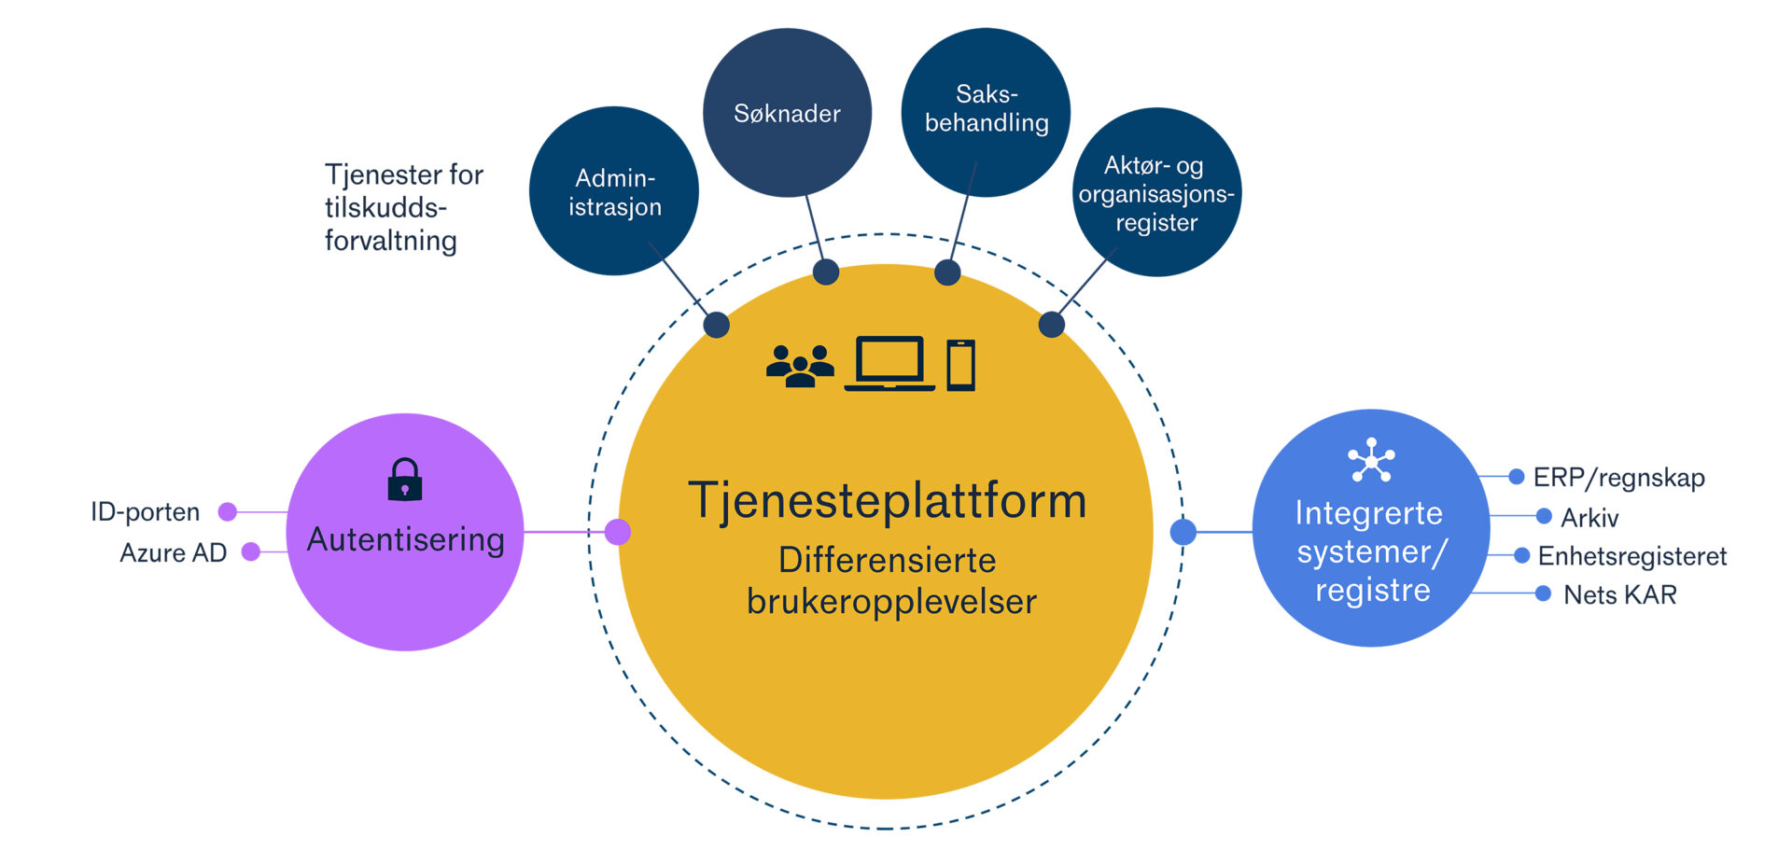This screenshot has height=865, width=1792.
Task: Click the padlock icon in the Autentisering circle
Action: click(405, 480)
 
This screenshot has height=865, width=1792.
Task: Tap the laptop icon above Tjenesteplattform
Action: click(889, 364)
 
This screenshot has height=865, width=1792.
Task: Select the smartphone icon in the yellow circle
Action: click(960, 365)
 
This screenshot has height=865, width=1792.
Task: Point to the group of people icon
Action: click(800, 366)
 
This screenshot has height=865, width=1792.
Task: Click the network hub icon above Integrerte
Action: click(1371, 459)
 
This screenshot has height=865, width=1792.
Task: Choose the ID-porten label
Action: click(145, 511)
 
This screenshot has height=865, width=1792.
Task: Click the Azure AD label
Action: click(174, 552)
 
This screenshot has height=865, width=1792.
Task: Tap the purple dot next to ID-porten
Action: click(228, 511)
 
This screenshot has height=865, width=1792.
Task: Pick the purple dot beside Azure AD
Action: click(251, 551)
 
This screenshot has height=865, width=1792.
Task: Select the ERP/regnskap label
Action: click(1618, 477)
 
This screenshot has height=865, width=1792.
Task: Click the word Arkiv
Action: click(1589, 517)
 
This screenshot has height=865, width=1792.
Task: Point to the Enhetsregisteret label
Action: click(1631, 556)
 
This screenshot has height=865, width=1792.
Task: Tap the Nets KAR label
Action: click(1620, 594)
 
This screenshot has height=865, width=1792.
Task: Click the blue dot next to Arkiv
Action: click(1544, 516)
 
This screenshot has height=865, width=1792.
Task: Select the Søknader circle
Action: click(787, 113)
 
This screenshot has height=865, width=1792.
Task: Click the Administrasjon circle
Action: click(614, 191)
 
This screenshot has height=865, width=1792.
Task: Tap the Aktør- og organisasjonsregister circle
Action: click(1156, 192)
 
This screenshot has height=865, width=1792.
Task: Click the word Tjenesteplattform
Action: click(887, 501)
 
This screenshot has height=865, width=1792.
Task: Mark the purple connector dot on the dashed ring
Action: click(618, 532)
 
